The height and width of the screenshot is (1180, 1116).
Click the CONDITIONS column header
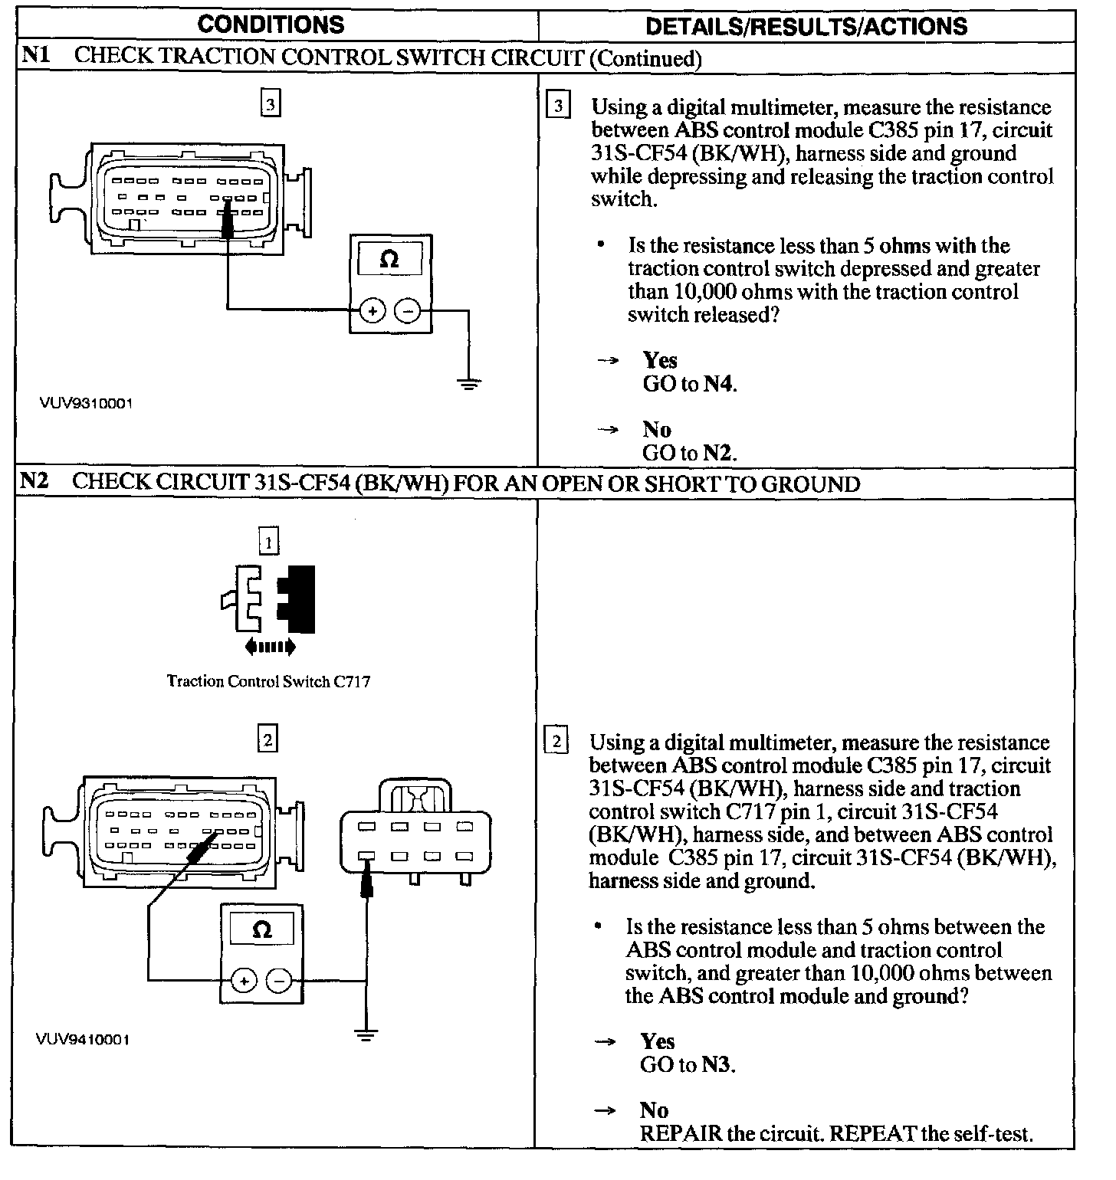point(271,25)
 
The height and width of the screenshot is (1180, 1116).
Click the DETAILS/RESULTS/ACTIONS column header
point(806,26)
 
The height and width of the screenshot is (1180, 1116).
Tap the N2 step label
point(34,482)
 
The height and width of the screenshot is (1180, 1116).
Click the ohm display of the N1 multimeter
point(390,259)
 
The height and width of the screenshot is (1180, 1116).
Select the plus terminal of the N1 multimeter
point(373,311)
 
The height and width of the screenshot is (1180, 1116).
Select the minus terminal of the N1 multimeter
point(408,311)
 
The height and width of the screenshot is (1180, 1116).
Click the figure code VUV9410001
point(82,1040)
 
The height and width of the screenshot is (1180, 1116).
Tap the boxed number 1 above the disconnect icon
point(268,543)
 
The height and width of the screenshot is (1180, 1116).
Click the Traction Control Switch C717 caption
point(268,681)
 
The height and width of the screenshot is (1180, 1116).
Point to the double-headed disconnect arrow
point(269,647)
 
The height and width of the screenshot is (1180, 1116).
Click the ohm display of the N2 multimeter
point(261,930)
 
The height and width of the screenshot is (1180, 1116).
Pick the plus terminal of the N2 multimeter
point(244,981)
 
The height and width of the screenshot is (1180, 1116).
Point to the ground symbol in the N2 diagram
point(367,1036)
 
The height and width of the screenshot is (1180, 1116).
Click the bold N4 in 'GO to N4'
point(719,384)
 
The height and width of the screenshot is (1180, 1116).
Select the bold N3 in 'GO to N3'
point(717,1065)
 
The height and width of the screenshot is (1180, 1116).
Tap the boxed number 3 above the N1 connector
point(271,103)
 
